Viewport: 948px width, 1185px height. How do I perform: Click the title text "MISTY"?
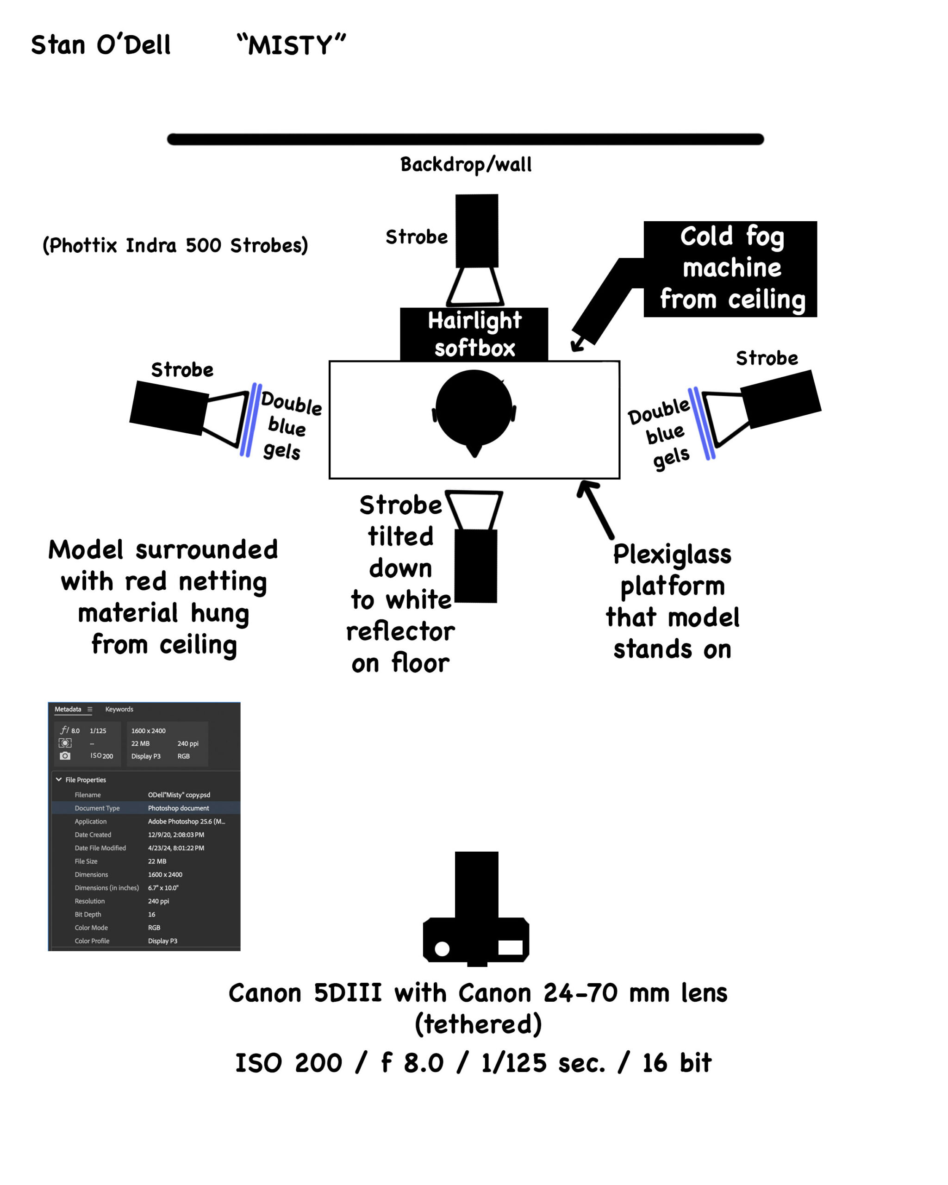tap(291, 45)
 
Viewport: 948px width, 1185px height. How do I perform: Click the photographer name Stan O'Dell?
tap(100, 45)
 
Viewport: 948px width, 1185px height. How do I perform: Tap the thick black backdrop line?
tap(465, 139)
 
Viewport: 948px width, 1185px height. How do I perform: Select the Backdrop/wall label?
tap(466, 164)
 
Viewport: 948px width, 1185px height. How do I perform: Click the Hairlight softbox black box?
tap(474, 334)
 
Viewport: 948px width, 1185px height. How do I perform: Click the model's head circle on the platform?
tap(473, 407)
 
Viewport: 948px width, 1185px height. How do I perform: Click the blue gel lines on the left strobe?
tap(250, 420)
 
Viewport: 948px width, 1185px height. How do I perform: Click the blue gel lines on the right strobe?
tap(702, 423)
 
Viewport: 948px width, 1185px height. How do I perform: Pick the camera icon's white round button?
tap(442, 948)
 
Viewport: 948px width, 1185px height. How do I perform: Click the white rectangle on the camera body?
tap(510, 947)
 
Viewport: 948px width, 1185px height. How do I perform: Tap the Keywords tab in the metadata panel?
tap(119, 709)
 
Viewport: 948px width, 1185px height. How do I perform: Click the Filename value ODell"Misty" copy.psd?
tap(179, 795)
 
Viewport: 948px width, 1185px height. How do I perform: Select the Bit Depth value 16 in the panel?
tap(152, 914)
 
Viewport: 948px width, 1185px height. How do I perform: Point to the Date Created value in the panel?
tap(176, 834)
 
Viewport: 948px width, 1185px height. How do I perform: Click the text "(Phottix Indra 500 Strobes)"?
tap(175, 245)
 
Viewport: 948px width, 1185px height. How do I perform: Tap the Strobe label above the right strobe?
tap(767, 358)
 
